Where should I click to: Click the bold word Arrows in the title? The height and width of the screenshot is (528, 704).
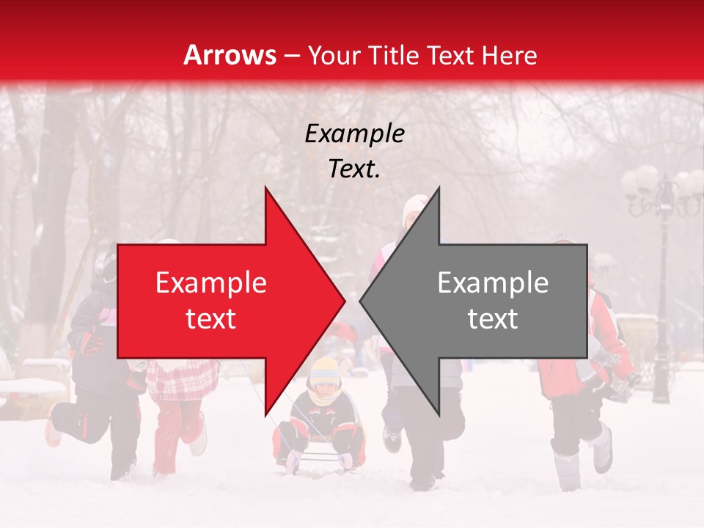tap(230, 55)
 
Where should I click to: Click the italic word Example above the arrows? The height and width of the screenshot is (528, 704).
tap(355, 134)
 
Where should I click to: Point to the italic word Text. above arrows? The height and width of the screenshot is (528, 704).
tap(355, 169)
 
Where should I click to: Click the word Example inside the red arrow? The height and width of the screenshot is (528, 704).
tap(211, 283)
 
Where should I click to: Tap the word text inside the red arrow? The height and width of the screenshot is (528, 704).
tap(211, 319)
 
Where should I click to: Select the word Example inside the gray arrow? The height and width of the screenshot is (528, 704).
tap(493, 283)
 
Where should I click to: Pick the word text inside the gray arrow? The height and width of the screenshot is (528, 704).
tap(493, 319)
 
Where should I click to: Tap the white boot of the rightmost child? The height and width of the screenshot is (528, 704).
tap(602, 449)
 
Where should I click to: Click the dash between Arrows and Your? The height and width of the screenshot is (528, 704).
tap(291, 56)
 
